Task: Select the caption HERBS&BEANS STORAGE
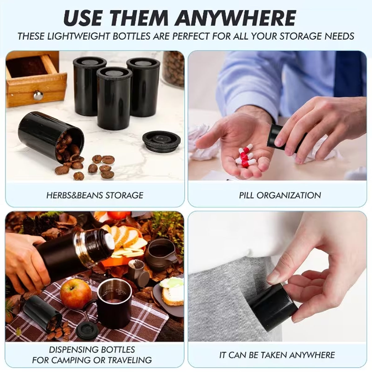pyautogui.click(x=95, y=195)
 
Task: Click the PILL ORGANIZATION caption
pyautogui.click(x=280, y=195)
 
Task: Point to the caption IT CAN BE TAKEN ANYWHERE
pyautogui.click(x=277, y=355)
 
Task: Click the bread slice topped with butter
pyautogui.click(x=171, y=290)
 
